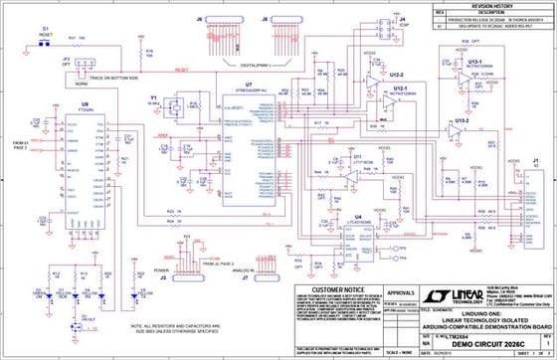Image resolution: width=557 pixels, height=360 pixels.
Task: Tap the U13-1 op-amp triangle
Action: [465, 77]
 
